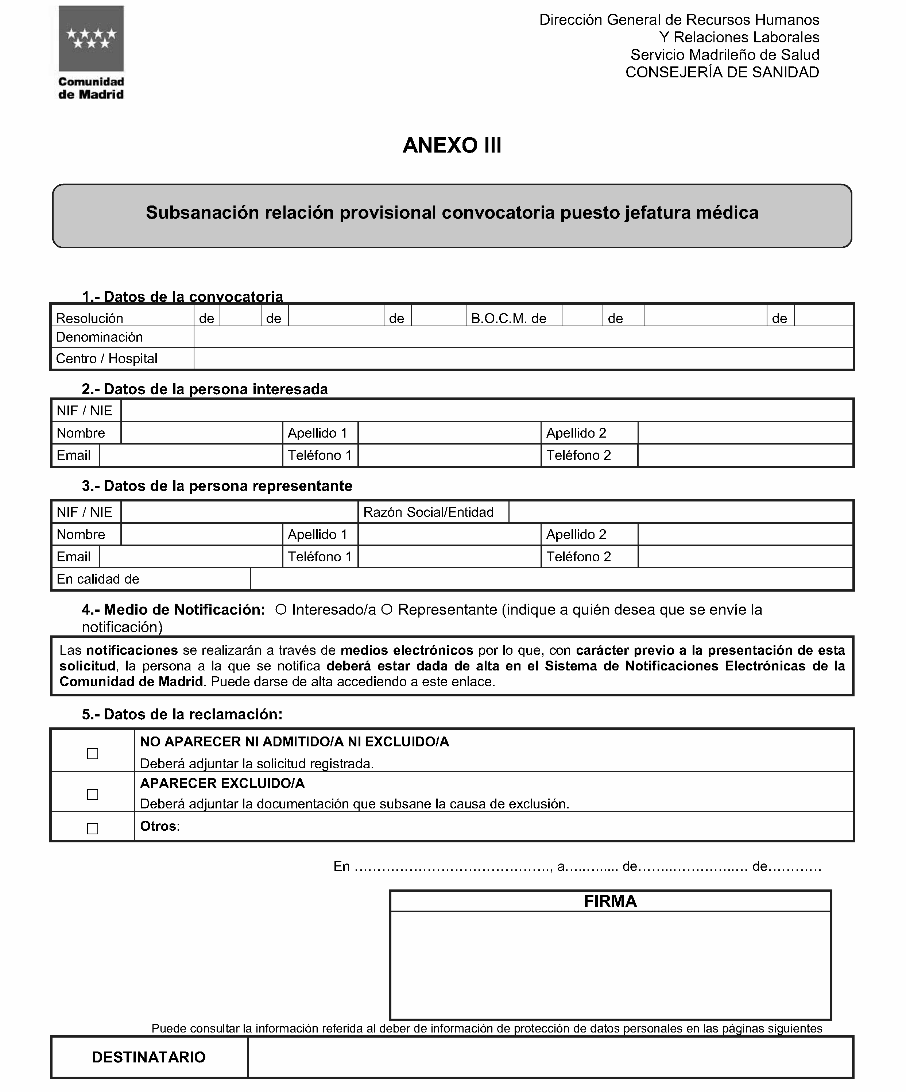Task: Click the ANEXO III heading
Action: coord(452,145)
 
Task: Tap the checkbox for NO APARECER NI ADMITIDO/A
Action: coord(93,753)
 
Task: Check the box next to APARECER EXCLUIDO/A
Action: coord(93,795)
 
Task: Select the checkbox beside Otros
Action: coord(93,829)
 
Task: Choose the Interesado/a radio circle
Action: coord(281,610)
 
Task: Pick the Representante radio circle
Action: coord(386,610)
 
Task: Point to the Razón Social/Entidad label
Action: coord(428,512)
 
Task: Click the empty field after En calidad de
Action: coord(551,579)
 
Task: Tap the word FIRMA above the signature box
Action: coord(610,901)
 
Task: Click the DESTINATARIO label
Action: coord(149,1057)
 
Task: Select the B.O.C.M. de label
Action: coord(508,318)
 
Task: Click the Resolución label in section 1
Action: coord(89,318)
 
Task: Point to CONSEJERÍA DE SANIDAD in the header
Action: coord(722,72)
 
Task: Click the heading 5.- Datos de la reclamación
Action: coord(182,715)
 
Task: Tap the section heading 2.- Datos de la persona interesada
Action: coord(205,389)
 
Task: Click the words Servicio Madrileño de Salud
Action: coord(725,55)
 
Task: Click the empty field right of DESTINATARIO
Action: coord(550,1057)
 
